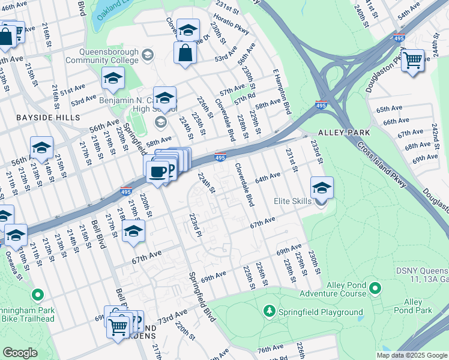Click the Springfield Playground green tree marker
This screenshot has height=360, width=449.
point(270,311)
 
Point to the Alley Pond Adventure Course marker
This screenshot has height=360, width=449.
point(375,289)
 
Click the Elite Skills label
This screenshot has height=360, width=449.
point(292,201)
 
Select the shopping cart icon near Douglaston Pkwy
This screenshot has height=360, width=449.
point(413,61)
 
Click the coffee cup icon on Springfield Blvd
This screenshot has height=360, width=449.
point(157,172)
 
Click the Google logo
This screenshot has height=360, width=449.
point(20,353)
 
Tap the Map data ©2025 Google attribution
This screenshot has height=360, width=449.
point(411,355)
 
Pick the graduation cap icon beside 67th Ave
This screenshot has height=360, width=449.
point(133,232)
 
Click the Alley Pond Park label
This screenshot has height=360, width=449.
point(418,306)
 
